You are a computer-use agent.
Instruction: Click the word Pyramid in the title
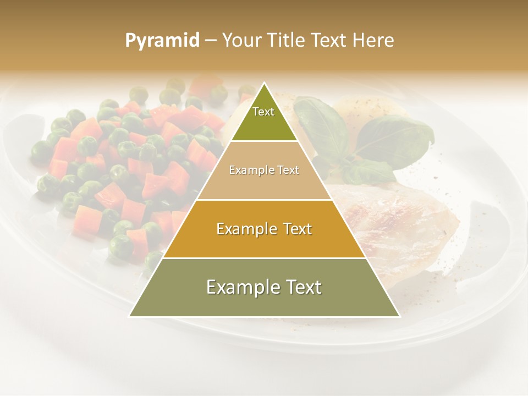tap(162, 41)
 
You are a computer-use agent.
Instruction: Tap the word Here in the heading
tap(373, 40)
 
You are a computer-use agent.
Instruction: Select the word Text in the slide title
tap(329, 40)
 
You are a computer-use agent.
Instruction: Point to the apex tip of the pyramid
tap(265, 84)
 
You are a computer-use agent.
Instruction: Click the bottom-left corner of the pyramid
tap(130, 316)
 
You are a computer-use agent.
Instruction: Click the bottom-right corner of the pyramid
tap(399, 316)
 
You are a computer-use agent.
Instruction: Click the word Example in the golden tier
tap(245, 229)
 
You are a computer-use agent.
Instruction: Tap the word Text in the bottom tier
tap(303, 287)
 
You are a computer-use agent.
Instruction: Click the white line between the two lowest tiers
tap(264, 258)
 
